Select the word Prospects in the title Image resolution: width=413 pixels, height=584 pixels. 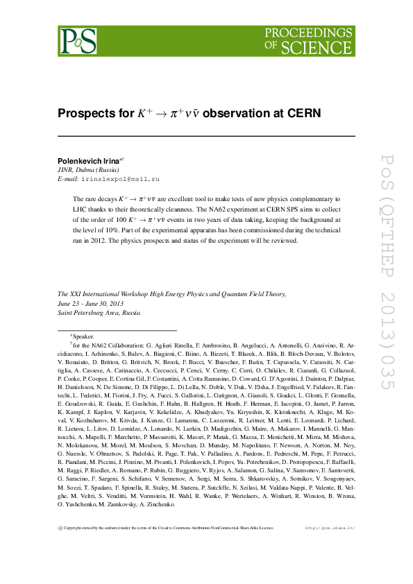(x=85, y=113)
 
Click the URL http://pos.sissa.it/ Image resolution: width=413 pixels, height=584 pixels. (x=330, y=527)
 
